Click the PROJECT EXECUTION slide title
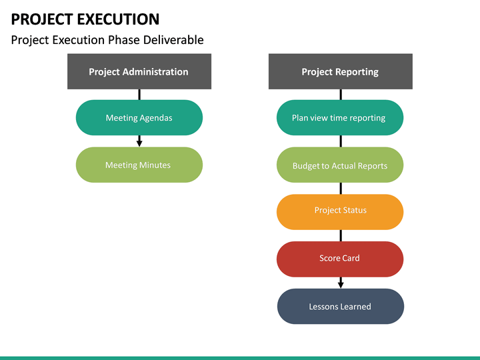85,19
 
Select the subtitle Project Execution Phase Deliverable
107,40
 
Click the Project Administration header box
139,72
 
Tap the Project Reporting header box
340,72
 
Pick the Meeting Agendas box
139,118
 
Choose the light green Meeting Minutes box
139,165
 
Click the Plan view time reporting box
339,118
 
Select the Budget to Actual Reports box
339,165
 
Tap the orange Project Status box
340,211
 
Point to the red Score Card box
340,259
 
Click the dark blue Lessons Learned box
340,307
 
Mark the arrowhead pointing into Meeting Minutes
139,143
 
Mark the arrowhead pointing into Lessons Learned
341,285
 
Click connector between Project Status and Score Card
341,235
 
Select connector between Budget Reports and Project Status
341,188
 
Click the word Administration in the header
156,72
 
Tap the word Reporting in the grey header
356,72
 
